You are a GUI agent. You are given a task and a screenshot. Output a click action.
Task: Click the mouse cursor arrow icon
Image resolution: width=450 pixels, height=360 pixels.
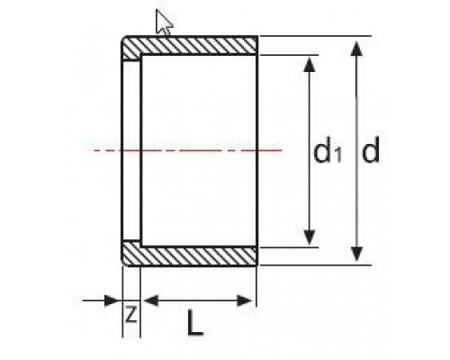click(163, 22)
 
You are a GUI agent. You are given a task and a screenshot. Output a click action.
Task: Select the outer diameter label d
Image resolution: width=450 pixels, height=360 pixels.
click(371, 149)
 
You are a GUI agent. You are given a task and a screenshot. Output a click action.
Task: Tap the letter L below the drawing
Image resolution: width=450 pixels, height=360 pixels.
click(195, 322)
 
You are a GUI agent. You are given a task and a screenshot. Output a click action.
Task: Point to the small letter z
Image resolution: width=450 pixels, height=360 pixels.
click(131, 314)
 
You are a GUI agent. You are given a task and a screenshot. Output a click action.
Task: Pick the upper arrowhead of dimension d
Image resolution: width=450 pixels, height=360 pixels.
click(356, 49)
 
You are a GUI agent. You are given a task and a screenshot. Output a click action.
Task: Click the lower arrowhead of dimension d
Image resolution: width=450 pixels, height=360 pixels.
click(356, 254)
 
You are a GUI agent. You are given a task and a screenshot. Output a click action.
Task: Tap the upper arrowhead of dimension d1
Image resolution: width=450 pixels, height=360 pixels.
click(310, 64)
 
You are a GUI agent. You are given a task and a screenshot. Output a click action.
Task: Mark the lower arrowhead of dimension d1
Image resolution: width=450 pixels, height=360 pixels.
click(310, 238)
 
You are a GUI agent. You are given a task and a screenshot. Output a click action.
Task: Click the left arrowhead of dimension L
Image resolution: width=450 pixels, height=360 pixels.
click(151, 301)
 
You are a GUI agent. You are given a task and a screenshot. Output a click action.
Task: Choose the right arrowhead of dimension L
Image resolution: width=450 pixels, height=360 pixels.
click(245, 301)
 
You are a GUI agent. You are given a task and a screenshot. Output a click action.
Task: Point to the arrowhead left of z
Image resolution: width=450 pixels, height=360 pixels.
click(111, 301)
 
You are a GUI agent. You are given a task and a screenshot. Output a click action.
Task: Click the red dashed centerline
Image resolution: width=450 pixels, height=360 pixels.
click(188, 150)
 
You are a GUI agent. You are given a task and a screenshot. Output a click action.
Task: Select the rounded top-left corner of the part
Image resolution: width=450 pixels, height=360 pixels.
click(124, 39)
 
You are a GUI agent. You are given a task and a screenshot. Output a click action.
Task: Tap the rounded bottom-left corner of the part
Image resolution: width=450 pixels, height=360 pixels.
click(124, 263)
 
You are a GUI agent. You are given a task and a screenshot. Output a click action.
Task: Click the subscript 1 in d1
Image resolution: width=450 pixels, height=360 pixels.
click(337, 156)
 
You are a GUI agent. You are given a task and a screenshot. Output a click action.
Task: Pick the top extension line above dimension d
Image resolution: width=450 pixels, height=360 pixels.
click(316, 36)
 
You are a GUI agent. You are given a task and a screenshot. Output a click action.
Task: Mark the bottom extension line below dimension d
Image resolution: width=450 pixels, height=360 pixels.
click(316, 265)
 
